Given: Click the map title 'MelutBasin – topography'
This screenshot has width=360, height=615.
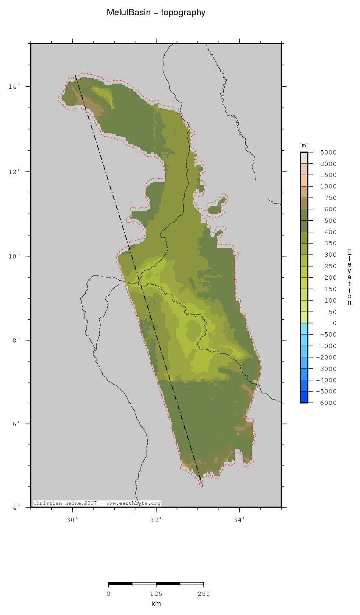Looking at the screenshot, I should [156, 13].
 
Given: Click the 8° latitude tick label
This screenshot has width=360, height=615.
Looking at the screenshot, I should [15, 340].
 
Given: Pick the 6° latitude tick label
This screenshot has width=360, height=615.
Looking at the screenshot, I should [15, 424].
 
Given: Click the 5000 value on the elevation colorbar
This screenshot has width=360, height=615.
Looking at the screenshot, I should [329, 152].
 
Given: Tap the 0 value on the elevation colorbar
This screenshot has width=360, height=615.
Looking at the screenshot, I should [335, 323].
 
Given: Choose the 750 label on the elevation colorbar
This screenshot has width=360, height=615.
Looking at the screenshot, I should [330, 198].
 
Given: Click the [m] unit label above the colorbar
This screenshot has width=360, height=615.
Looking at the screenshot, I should [304, 146].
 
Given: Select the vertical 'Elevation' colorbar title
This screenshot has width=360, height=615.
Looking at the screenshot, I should [349, 277].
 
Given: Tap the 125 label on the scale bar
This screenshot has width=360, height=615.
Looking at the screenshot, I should [156, 594].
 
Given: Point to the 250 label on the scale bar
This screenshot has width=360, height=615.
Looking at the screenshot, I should [204, 594].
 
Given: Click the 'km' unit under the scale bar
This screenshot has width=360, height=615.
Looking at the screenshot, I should [156, 604].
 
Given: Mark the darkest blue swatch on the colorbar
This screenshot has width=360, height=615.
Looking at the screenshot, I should [304, 397].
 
